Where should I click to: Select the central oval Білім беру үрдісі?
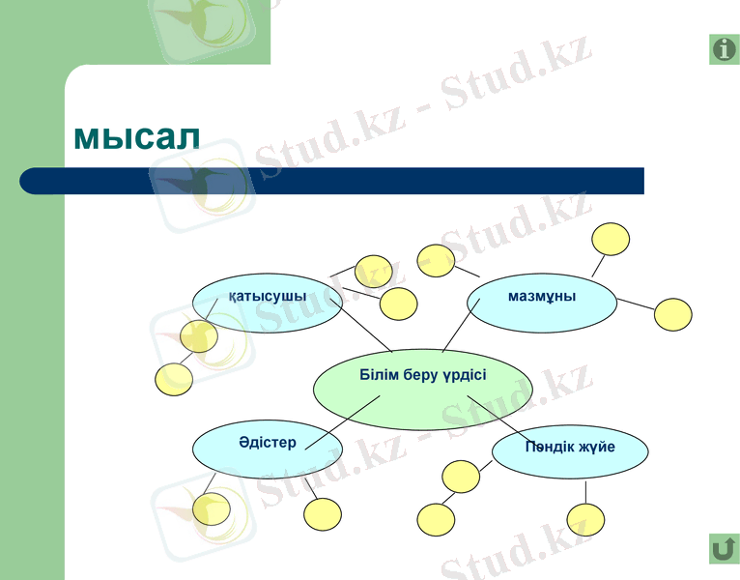[x=422, y=389]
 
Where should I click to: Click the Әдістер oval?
[x=268, y=447]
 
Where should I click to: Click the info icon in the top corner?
[x=724, y=49]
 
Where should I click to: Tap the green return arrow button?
[x=723, y=548]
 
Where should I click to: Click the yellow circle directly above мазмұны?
[x=611, y=239]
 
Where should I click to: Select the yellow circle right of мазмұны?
[x=673, y=315]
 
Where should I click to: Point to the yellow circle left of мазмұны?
[x=436, y=261]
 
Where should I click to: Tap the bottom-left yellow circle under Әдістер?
[x=212, y=507]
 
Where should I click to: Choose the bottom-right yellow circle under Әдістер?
[x=323, y=514]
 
